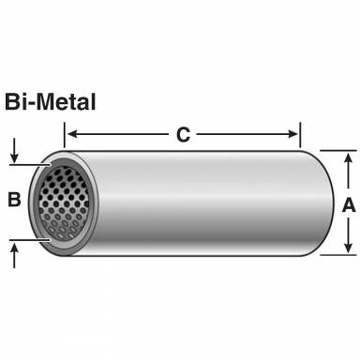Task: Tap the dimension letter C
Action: click(184, 134)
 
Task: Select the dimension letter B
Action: click(13, 199)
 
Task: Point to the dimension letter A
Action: click(348, 203)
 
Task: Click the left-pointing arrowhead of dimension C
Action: click(80, 134)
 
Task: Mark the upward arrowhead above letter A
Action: click(348, 156)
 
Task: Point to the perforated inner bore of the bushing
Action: click(63, 202)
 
